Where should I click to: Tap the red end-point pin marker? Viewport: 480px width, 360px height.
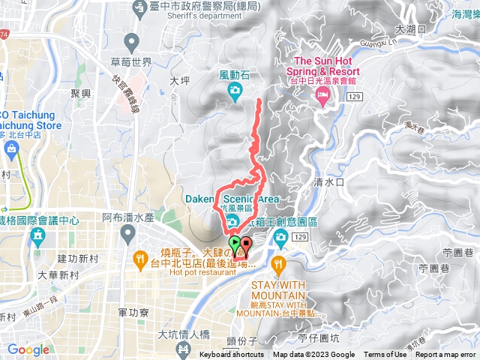tap(245, 244)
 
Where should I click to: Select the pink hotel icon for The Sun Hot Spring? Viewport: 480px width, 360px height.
tap(322, 94)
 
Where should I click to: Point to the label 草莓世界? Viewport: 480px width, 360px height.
tap(132, 61)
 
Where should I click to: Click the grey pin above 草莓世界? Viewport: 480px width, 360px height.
tap(132, 40)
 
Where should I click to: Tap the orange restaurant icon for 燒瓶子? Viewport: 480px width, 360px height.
tap(139, 259)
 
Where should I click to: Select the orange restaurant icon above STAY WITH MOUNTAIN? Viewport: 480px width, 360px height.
tap(279, 263)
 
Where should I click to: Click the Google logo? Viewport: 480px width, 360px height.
tap(28, 349)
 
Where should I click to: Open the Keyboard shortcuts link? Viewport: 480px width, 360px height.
tap(232, 355)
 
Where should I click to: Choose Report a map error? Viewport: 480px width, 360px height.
tap(445, 355)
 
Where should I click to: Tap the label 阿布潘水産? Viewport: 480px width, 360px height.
tap(127, 217)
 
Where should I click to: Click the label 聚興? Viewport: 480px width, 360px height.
tap(80, 93)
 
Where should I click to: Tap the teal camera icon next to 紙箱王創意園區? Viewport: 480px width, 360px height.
tap(280, 238)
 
